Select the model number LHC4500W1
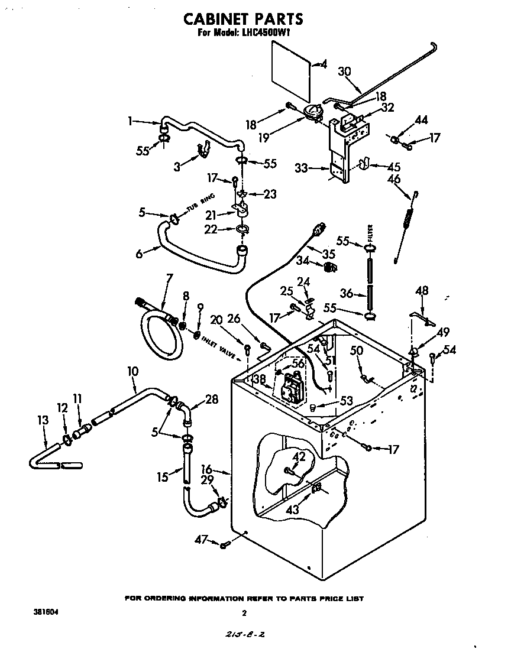(267, 34)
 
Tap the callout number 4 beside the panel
(323, 64)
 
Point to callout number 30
(344, 72)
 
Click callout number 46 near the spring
(394, 179)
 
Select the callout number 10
(132, 371)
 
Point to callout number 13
(42, 420)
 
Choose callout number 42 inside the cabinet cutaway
(299, 456)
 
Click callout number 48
(422, 290)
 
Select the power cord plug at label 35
(321, 228)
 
